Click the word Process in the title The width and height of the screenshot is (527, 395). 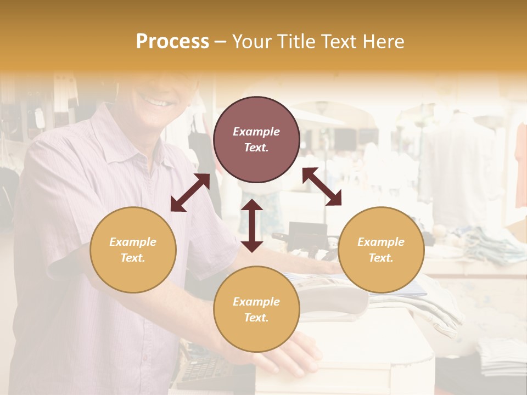(172, 42)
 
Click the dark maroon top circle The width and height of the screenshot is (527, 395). (256, 139)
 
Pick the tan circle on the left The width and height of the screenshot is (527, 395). (133, 250)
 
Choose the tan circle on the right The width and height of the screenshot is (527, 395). (381, 250)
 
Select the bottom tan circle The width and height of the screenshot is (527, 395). (256, 309)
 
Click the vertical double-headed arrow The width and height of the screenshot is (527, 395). (252, 225)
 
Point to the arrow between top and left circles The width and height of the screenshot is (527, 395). (190, 193)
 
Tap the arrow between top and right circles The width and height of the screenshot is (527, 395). (322, 187)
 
